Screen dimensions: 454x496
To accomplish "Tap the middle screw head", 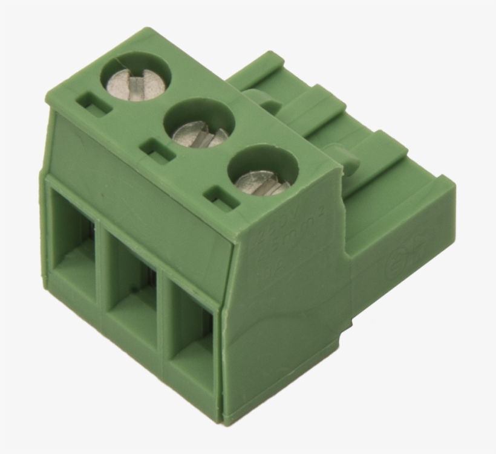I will tap(199, 132).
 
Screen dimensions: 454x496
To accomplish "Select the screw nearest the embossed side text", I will tap(262, 179).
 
